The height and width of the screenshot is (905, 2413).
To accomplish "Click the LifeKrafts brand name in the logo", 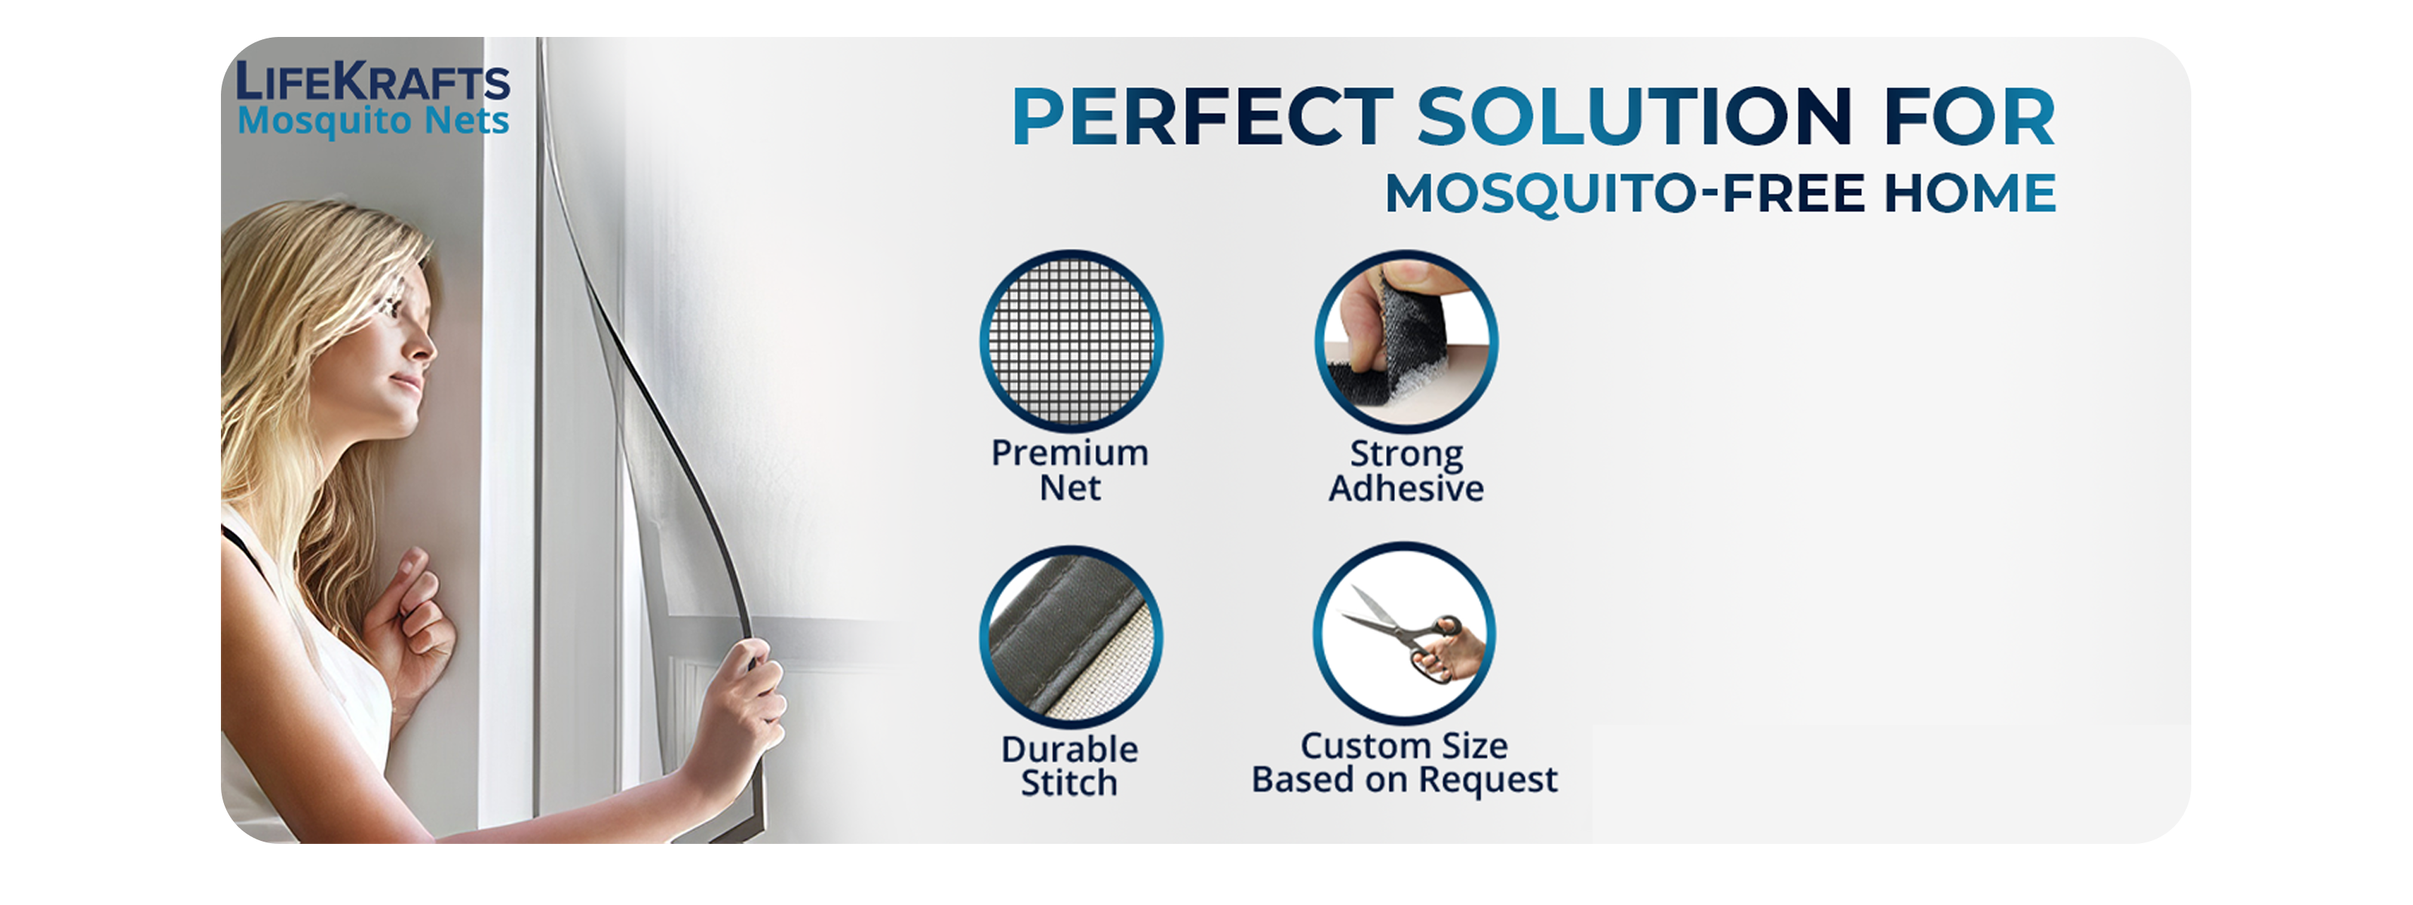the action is tap(373, 81).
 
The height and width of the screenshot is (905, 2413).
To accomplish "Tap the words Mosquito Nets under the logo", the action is tap(373, 121).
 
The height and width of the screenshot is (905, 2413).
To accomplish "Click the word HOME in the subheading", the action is tap(1970, 194).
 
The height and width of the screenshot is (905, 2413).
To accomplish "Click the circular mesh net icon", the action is tap(1072, 341).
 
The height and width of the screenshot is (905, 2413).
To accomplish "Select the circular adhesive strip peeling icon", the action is tap(1406, 341).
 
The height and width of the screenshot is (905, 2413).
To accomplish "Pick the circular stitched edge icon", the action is tap(1072, 637).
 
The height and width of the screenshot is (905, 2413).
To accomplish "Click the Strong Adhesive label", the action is tap(1406, 471).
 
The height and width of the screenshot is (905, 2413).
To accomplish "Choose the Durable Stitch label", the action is tap(1070, 765).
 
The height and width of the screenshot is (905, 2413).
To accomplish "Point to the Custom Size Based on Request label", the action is tap(1404, 762).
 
